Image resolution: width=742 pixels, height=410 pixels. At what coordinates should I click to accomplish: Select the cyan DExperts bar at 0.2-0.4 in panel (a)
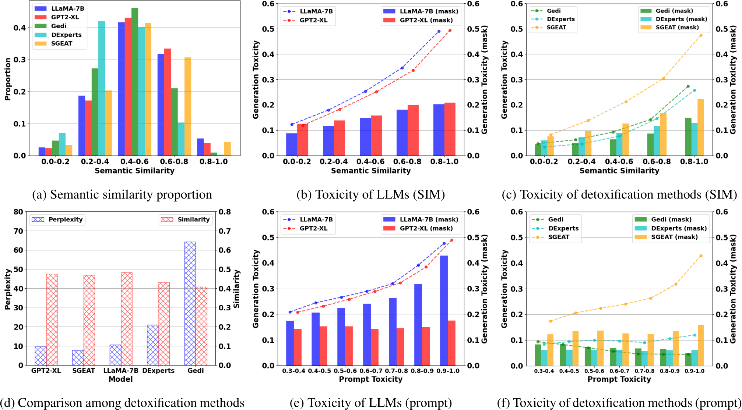(x=102, y=88)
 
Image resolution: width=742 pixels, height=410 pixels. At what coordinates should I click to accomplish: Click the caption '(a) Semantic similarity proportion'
(x=122, y=195)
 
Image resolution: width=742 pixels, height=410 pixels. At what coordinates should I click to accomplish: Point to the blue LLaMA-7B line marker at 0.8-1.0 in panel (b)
(x=439, y=32)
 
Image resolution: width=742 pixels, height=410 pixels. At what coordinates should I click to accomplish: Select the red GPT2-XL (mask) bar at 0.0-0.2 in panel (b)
(x=303, y=140)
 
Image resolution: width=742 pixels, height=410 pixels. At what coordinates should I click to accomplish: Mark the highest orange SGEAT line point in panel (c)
(x=701, y=35)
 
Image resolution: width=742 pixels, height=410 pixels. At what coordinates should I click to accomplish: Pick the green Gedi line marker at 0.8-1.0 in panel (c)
(x=688, y=86)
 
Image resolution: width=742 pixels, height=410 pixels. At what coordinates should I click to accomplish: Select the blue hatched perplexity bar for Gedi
(x=190, y=303)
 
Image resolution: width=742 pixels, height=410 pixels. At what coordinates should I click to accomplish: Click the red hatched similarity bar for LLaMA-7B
(x=127, y=319)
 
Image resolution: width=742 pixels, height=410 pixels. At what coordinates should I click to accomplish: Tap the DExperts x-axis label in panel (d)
(x=158, y=370)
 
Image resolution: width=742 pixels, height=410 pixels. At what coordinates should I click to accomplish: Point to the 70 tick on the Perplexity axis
(x=18, y=231)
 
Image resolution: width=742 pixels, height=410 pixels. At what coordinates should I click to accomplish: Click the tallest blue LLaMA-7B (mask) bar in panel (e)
(x=444, y=310)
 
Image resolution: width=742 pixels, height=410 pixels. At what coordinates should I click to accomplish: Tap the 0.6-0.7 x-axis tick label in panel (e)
(x=371, y=371)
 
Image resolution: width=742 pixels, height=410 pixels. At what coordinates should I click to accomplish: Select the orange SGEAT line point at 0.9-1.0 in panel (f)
(x=701, y=256)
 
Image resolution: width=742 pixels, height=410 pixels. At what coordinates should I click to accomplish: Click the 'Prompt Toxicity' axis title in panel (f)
(x=619, y=379)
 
